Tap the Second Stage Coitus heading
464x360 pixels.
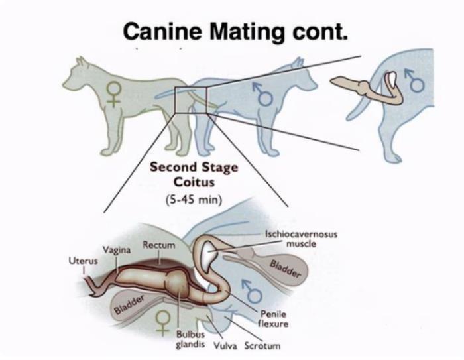[x=194, y=173]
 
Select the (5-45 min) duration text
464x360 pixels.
[x=193, y=198]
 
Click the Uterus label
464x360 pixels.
[x=83, y=261]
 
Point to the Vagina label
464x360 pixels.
[x=116, y=249]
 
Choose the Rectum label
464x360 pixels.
[x=159, y=245]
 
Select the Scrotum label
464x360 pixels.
[x=262, y=346]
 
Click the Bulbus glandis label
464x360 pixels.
[x=190, y=339]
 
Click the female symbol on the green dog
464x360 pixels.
[x=114, y=93]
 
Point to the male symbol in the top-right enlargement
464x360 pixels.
[x=414, y=79]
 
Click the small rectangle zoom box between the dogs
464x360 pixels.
[x=191, y=99]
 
